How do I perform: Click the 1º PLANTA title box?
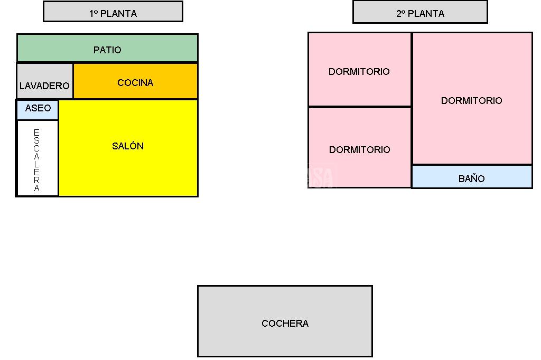point(113,12)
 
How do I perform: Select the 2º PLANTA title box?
point(420,12)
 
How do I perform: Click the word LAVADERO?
point(44,86)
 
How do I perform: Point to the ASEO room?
point(38,109)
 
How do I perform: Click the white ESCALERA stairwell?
point(37,158)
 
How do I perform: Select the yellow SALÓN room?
point(128,164)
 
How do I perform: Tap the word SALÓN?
point(128,146)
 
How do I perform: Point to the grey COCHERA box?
point(285,338)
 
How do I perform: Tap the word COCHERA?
point(285,323)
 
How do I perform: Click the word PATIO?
point(107,50)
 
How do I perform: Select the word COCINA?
point(135,83)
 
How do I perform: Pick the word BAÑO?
point(471,178)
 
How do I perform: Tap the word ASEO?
point(38,108)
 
